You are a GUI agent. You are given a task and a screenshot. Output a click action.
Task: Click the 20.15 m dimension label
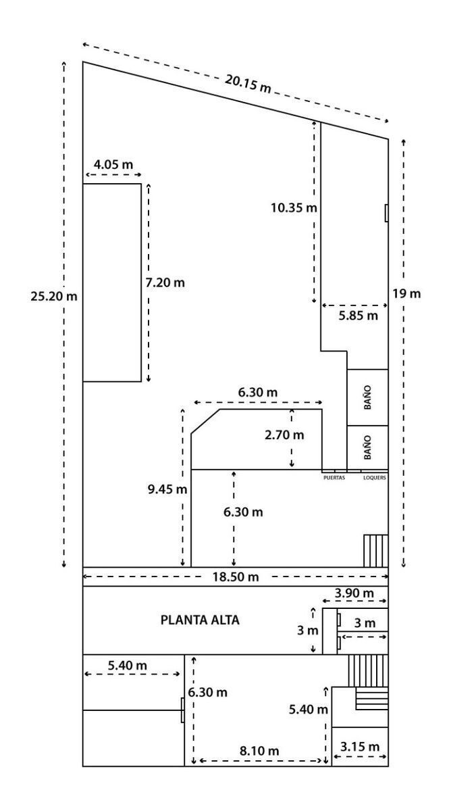point(248,84)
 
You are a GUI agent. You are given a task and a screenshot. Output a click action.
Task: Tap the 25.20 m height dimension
point(54,297)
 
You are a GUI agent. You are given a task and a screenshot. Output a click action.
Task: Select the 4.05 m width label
point(113,165)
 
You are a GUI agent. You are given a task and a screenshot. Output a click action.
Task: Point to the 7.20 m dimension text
point(165,282)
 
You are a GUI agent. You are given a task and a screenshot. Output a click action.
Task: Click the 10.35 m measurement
point(294,208)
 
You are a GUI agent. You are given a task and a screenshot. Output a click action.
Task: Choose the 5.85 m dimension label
point(358,316)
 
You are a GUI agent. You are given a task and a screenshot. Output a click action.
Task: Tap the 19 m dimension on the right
point(406,293)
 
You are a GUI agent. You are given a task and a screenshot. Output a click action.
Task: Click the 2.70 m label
point(284,435)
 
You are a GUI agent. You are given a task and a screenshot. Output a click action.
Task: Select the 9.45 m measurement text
point(167,489)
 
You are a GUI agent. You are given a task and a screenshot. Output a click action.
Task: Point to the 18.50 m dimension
point(236,576)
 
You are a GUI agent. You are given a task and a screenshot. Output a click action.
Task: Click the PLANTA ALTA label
point(200,620)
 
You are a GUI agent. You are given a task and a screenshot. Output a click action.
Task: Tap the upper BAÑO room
point(367,397)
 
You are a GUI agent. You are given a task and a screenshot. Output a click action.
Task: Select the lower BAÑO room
point(367,447)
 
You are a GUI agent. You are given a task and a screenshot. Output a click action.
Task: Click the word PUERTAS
point(334,478)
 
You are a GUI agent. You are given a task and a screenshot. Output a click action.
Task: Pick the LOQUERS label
point(375,478)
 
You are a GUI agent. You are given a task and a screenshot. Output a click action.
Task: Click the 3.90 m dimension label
point(354,593)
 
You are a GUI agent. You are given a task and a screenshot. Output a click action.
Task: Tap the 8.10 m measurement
point(259,751)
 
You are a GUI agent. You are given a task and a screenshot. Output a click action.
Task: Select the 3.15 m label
point(360,747)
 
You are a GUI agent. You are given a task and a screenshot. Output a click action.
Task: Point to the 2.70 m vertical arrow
point(292,438)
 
